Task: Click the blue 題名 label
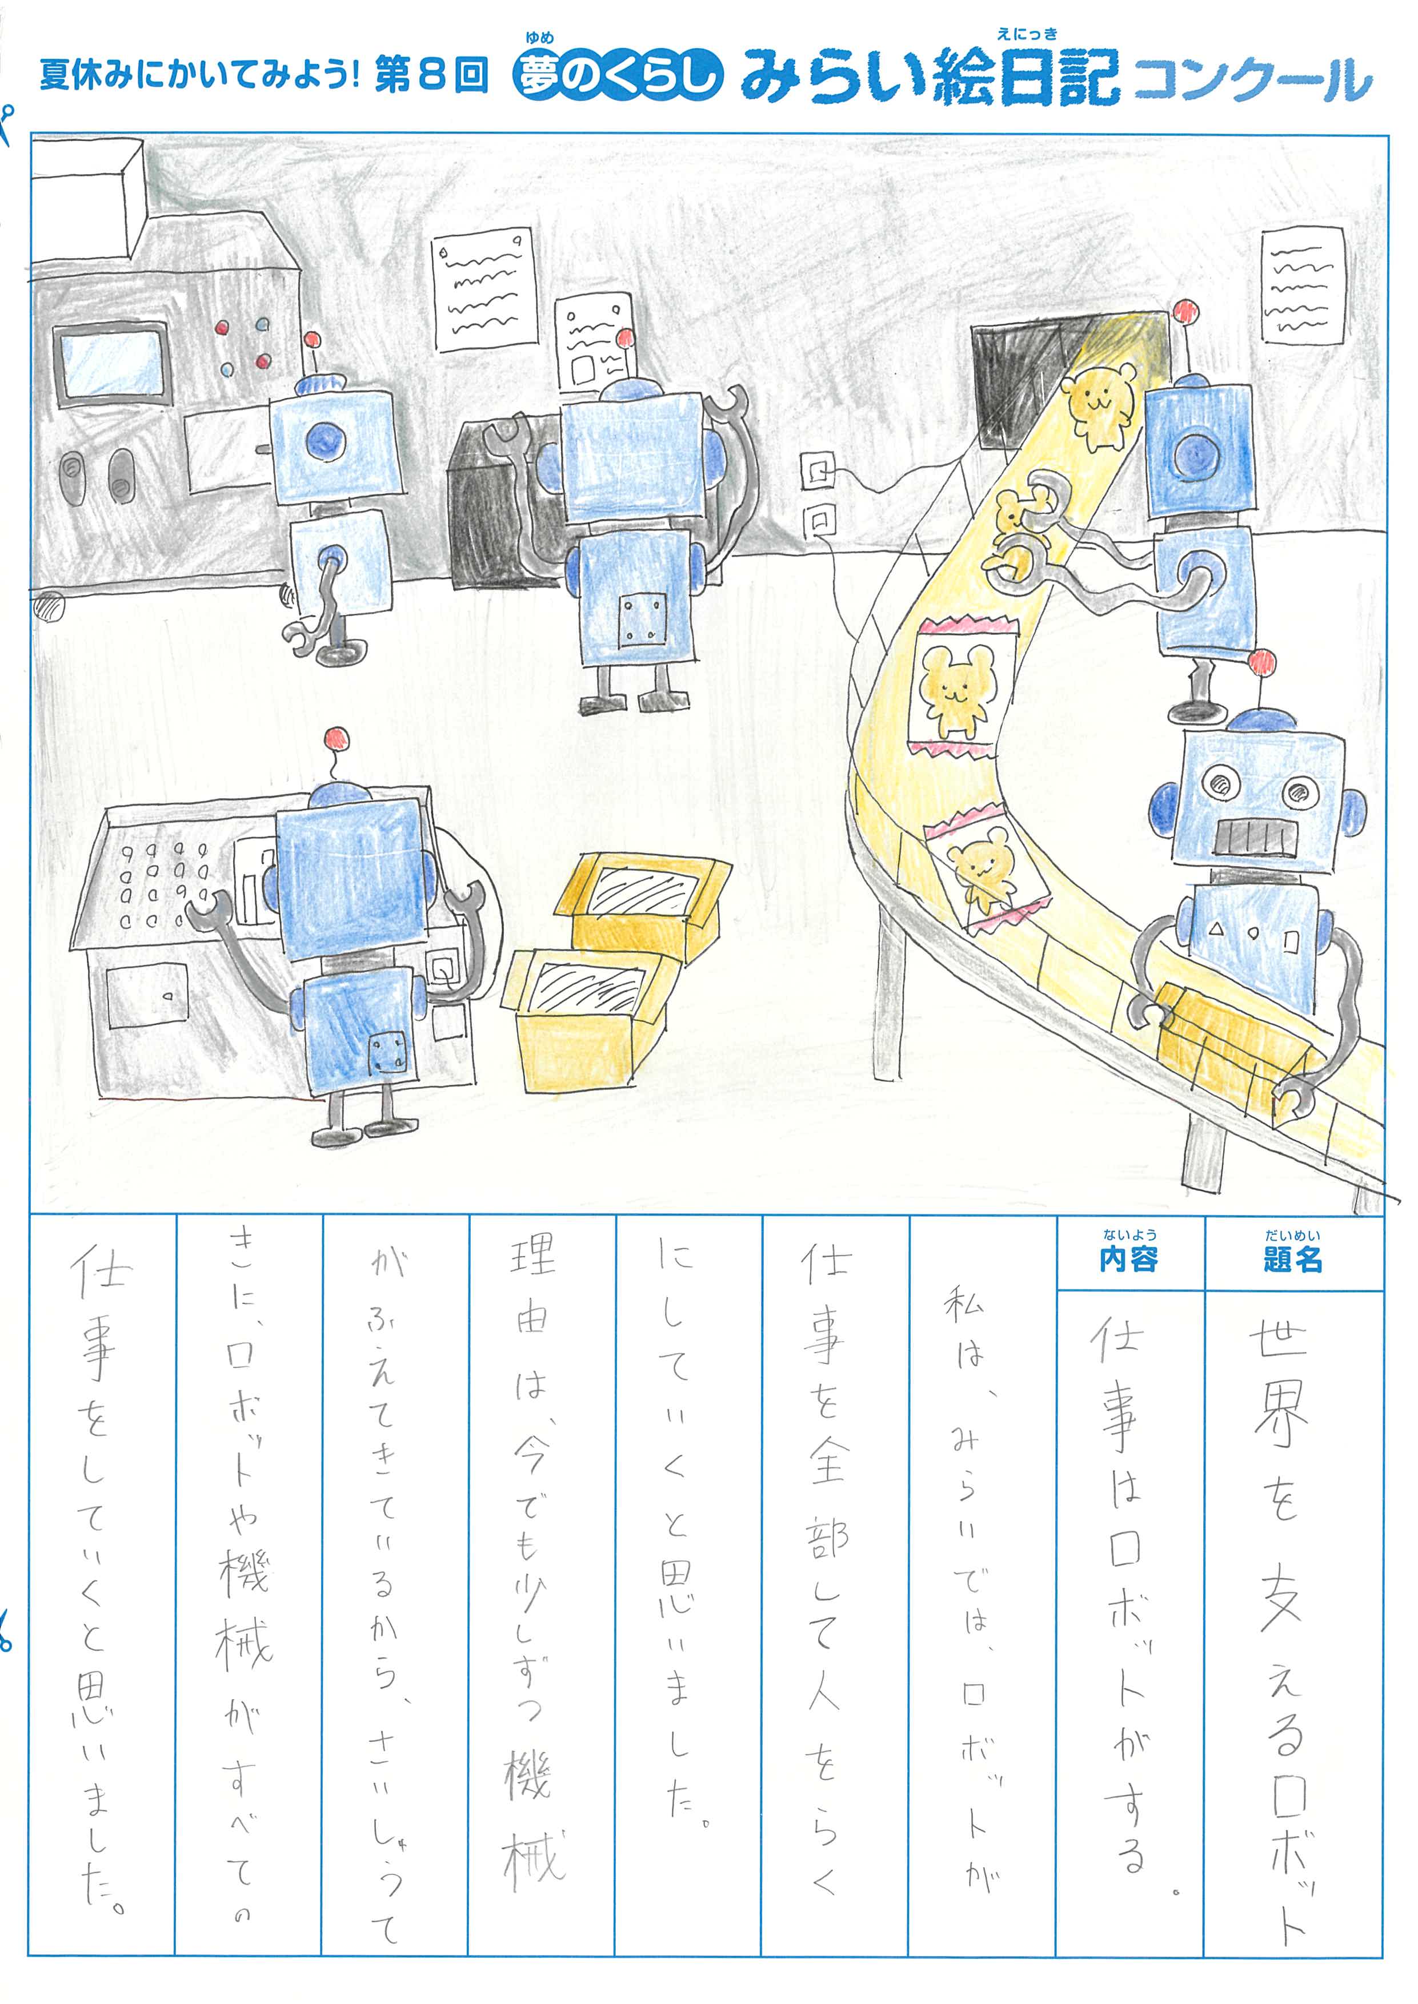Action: (1292, 1259)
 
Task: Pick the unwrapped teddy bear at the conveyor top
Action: (1102, 403)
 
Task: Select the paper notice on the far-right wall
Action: (1303, 284)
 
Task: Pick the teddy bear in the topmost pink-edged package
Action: (956, 690)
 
